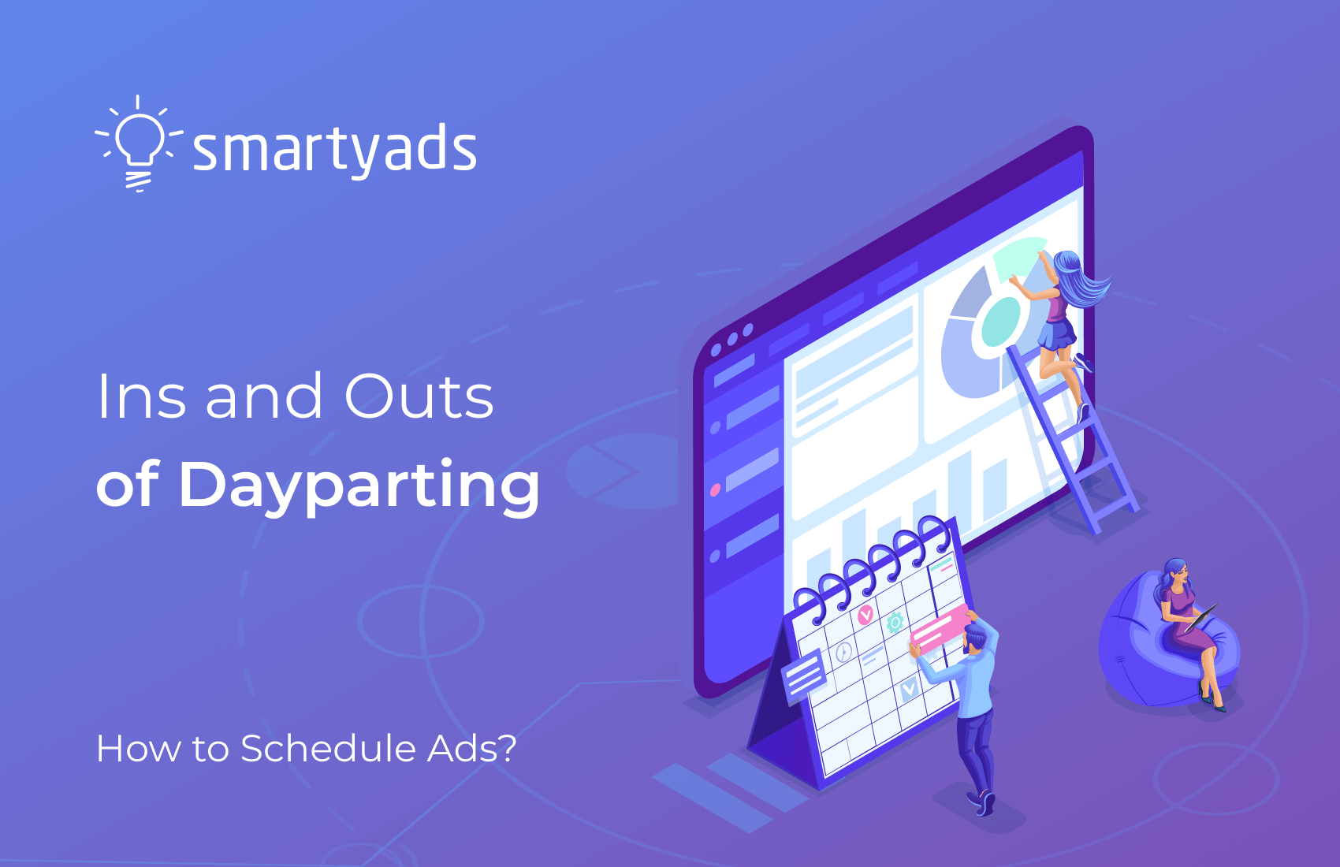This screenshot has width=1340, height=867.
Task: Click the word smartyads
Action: coord(335,150)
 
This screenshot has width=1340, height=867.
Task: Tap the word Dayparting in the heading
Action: coord(359,485)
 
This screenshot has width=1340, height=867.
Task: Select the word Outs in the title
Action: coord(419,396)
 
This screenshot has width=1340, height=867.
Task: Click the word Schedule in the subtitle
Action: coord(329,748)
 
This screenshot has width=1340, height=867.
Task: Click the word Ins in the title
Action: coord(142,396)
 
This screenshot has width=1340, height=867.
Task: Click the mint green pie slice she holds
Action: coord(1018,257)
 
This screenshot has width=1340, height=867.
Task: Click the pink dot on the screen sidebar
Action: coord(715,490)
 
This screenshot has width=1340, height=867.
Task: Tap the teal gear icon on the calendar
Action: coord(895,623)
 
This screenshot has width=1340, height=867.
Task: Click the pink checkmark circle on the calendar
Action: coord(865,615)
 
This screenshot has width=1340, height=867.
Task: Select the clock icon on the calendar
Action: coord(843,652)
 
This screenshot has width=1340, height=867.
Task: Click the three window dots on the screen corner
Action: coord(731,340)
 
